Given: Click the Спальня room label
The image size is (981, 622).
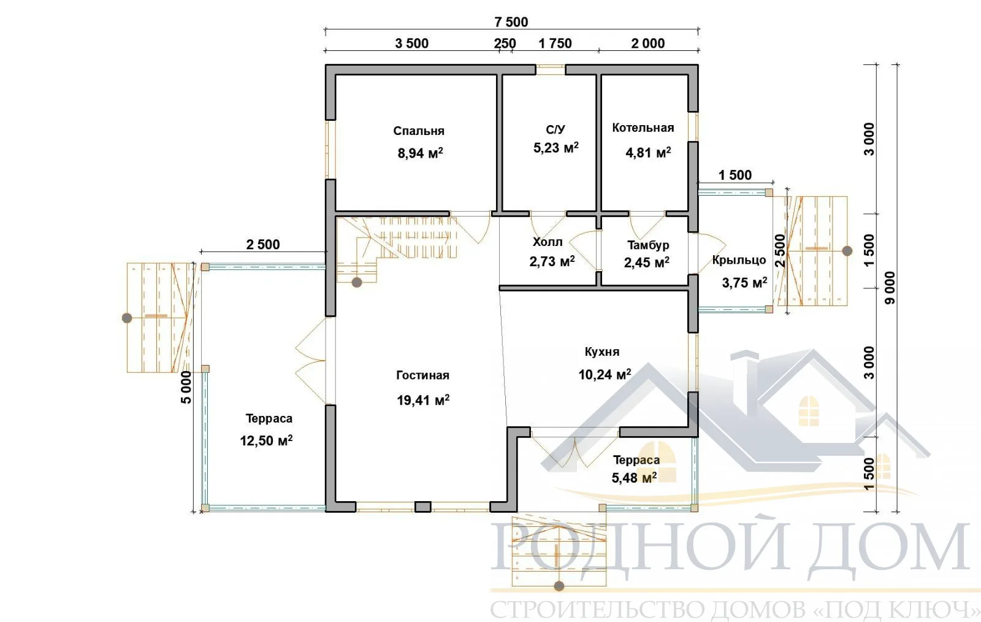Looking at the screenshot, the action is [419, 131].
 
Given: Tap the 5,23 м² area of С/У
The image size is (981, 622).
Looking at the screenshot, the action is [555, 148].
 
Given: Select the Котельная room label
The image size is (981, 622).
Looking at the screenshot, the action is [643, 128].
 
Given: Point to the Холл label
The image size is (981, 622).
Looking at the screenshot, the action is [548, 242].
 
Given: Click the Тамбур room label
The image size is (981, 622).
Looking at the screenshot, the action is [648, 245].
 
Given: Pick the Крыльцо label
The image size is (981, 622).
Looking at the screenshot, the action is [739, 260].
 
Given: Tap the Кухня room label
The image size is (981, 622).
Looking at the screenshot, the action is [601, 351].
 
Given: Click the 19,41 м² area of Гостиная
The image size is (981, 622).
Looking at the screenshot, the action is [423, 400].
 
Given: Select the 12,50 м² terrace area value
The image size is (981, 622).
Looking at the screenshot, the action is [266, 440].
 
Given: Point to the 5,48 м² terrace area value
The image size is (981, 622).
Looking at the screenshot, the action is [634, 477].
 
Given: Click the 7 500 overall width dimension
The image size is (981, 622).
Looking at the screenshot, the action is [511, 22].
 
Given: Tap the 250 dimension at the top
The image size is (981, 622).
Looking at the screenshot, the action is [505, 44].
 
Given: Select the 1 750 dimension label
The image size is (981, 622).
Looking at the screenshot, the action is [555, 44].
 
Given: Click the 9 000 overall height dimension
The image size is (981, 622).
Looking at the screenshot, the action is [890, 288].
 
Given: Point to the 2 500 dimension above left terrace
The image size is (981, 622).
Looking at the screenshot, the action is [263, 244].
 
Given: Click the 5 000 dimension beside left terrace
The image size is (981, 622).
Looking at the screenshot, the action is [186, 387].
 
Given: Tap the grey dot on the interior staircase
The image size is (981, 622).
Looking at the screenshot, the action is [357, 283].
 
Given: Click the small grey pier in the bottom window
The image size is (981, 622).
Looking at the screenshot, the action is [422, 507].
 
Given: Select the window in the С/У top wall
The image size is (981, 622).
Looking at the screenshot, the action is [551, 70].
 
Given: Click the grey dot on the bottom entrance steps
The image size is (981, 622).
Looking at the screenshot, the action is [559, 586].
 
